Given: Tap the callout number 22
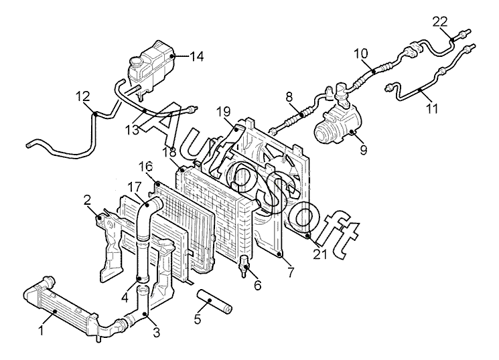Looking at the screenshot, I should pyautogui.click(x=439, y=21).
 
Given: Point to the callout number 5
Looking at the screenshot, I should pyautogui.click(x=197, y=319).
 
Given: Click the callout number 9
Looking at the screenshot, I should pyautogui.click(x=363, y=150).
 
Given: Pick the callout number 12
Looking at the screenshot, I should pyautogui.click(x=82, y=97).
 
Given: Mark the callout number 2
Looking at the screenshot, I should pyautogui.click(x=87, y=199).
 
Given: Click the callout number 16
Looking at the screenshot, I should pyautogui.click(x=145, y=166).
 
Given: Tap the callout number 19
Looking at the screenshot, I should pyautogui.click(x=223, y=111).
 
